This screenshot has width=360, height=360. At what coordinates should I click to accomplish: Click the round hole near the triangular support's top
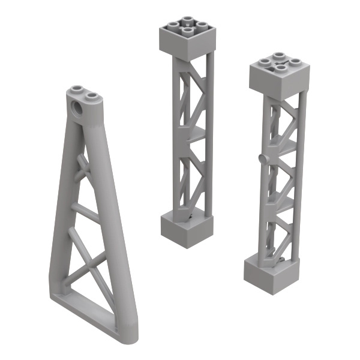tap(78, 109)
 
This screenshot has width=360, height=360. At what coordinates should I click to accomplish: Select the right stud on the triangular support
tap(90, 95)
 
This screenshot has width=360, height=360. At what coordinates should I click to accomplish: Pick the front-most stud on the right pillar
tap(278, 68)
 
